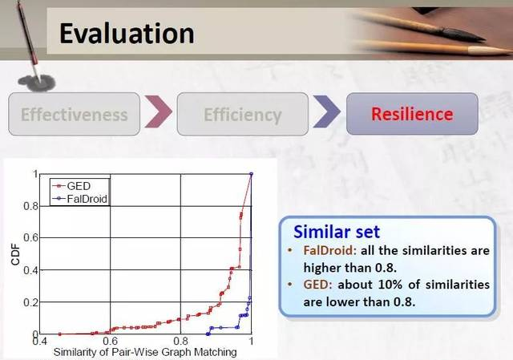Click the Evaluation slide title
click(127, 34)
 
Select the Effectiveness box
click(75, 114)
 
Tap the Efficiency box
click(243, 114)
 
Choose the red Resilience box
click(412, 114)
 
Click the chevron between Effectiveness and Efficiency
click(159, 111)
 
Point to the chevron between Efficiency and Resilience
click(326, 111)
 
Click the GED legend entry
click(71, 186)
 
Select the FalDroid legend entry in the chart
click(80, 199)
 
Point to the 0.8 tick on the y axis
click(31, 206)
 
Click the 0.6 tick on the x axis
click(111, 341)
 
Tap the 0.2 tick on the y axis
click(31, 302)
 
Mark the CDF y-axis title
click(15, 255)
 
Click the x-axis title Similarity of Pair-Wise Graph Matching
click(145, 352)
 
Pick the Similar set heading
click(337, 232)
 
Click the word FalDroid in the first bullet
click(329, 250)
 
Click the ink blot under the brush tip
click(37, 83)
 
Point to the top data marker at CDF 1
click(251, 174)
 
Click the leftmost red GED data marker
click(59, 334)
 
